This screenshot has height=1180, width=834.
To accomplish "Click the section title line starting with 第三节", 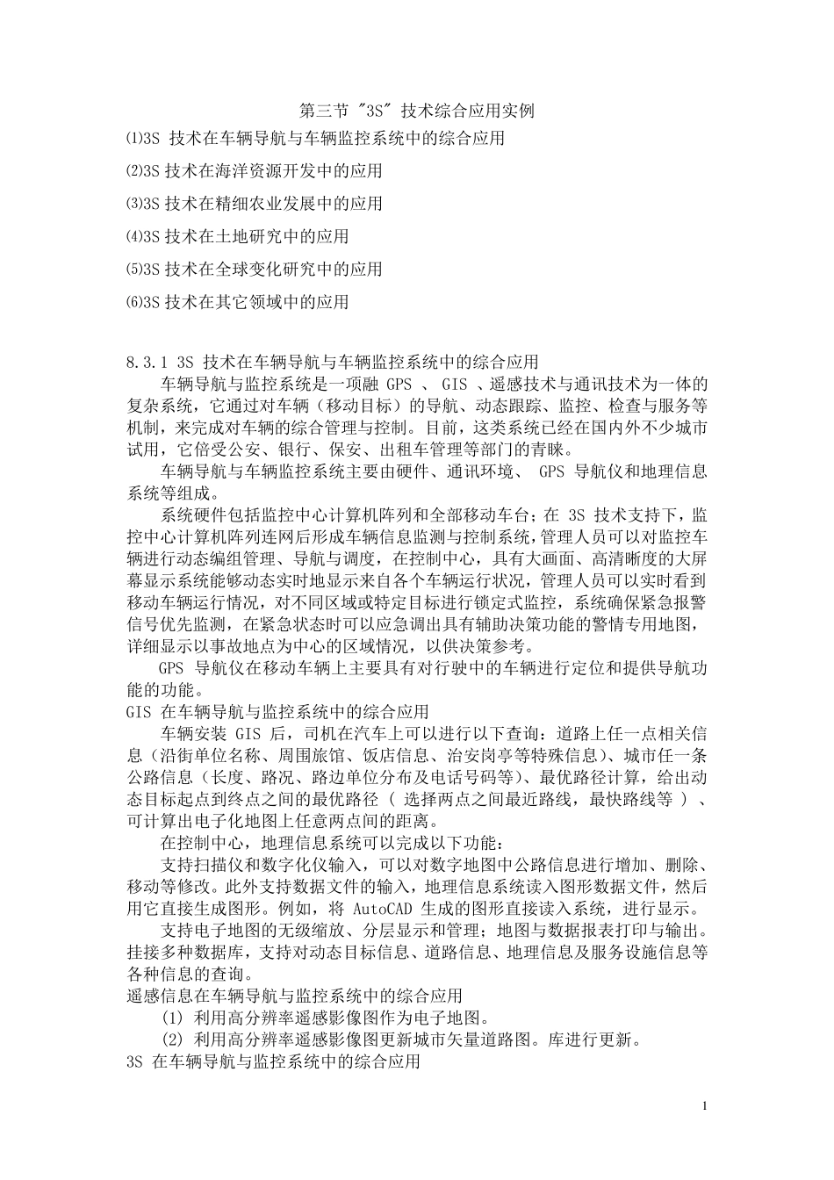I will click(416, 111).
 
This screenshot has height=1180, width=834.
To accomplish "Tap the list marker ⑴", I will click(133, 138).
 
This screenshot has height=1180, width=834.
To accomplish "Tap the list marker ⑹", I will click(133, 302).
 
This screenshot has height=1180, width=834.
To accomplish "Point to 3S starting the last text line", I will click(134, 1061).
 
